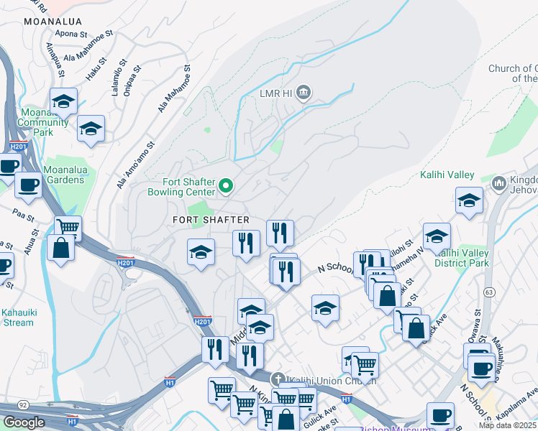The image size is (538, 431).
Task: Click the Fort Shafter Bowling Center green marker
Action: pyautogui.click(x=226, y=187)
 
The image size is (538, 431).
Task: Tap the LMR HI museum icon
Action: pyautogui.click(x=304, y=93)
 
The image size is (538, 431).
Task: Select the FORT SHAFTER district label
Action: pyautogui.click(x=211, y=219)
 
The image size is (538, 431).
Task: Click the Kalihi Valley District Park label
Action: pyautogui.click(x=462, y=258)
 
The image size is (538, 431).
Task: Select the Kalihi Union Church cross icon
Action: pyautogui.click(x=278, y=379)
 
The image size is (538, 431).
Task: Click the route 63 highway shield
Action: pyautogui.click(x=489, y=292)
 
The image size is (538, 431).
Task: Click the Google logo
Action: pyautogui.click(x=24, y=422)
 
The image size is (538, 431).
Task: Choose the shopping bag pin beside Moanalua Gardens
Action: pyautogui.click(x=61, y=249)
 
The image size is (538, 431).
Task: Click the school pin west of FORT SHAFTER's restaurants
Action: pyautogui.click(x=201, y=252)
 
